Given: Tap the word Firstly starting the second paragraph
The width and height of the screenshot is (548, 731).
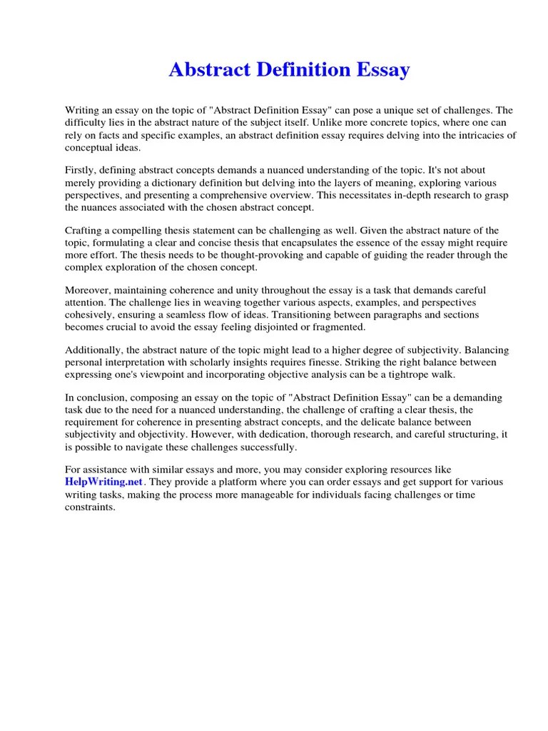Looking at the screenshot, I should pyautogui.click(x=81, y=171).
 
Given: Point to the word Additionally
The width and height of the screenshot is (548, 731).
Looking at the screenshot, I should pyautogui.click(x=94, y=351).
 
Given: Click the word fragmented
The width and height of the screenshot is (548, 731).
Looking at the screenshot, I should pyautogui.click(x=338, y=327).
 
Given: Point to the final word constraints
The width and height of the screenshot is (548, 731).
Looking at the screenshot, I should pyautogui.click(x=90, y=506).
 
